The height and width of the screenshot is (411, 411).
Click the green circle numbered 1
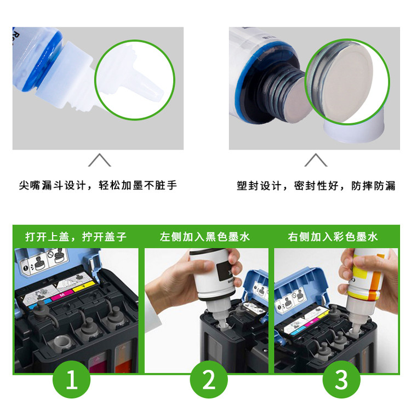(x=72, y=379)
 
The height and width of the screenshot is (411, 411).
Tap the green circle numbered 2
(x=209, y=379)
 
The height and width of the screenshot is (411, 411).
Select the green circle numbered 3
(x=341, y=379)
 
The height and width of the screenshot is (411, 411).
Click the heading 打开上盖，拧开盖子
(x=76, y=237)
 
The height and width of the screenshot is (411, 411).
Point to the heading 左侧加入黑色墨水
(x=205, y=237)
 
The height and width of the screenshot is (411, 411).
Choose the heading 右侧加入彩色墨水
(x=333, y=237)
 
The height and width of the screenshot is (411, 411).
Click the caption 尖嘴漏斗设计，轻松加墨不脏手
(x=98, y=185)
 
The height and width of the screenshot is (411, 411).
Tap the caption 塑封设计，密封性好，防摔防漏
(x=316, y=186)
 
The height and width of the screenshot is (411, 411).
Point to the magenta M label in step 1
(x=62, y=295)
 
